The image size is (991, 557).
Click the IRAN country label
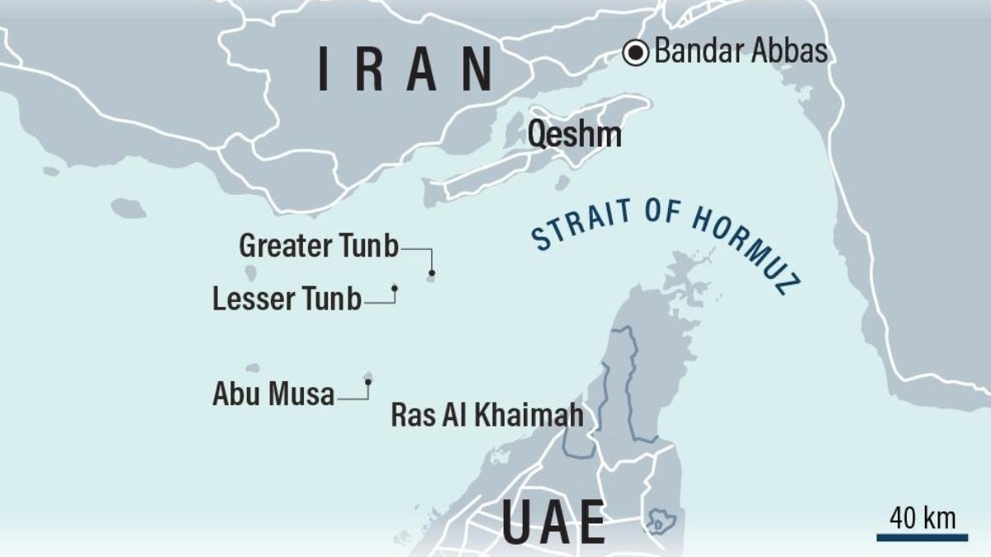(x=405, y=69)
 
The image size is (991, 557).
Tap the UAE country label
(x=553, y=522)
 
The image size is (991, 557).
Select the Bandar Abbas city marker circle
(x=636, y=54)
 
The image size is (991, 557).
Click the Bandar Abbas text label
(x=741, y=52)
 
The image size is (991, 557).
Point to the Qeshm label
(x=575, y=135)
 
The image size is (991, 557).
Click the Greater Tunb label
(x=319, y=246)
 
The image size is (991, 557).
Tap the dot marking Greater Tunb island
(x=431, y=273)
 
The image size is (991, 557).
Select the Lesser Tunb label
(x=287, y=299)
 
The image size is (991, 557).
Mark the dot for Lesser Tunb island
(x=395, y=288)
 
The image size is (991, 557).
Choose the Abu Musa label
(x=273, y=394)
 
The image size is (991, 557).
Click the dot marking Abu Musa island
(x=367, y=382)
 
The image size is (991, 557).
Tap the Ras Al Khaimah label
(x=487, y=415)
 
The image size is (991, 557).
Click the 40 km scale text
(x=922, y=518)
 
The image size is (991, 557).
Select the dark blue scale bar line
(x=922, y=537)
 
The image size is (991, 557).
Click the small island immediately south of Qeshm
(x=562, y=182)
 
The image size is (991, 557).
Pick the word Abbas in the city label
(x=789, y=52)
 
